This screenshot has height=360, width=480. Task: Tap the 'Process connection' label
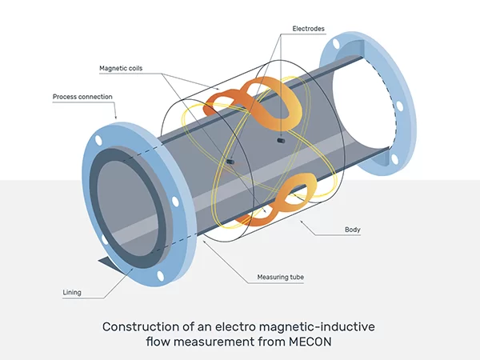[x=82, y=97]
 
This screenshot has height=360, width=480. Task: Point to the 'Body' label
[x=352, y=230]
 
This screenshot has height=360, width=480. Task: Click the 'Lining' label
[x=72, y=293]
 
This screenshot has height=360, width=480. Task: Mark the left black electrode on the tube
[x=230, y=162]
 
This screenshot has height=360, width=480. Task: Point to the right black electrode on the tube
[x=280, y=141]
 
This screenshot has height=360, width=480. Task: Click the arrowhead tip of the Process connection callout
[x=119, y=120]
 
